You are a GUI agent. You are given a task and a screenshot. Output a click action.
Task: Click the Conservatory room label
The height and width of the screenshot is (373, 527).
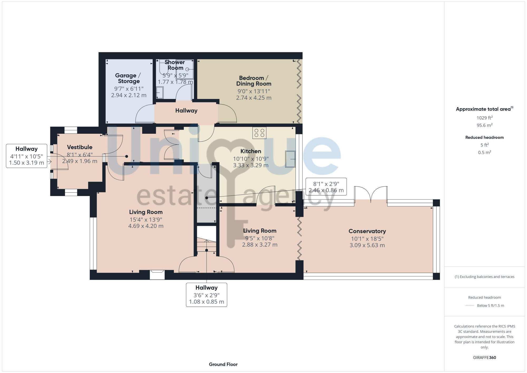[367, 231]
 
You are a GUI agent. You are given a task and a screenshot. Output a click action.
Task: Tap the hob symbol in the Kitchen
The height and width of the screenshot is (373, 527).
[259, 133]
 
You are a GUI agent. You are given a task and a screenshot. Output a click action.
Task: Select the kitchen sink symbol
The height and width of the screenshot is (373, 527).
[290, 159]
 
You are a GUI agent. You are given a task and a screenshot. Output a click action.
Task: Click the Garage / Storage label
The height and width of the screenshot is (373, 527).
[128, 78]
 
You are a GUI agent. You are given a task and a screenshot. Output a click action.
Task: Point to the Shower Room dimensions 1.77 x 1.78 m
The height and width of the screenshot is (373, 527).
[175, 82]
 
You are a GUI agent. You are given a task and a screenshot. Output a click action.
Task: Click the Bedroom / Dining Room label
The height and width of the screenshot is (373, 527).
[253, 81]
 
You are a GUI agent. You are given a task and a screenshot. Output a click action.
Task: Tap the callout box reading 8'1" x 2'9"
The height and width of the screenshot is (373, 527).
[326, 187]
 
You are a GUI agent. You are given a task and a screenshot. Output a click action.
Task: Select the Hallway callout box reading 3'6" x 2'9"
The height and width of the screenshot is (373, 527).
[206, 295]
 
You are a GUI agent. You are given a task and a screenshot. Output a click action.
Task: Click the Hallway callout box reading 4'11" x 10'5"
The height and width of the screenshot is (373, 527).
[26, 156]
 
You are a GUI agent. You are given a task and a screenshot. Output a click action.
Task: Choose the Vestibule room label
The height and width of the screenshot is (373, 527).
[80, 147]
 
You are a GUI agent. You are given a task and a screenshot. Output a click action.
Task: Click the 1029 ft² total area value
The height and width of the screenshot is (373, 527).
[484, 118]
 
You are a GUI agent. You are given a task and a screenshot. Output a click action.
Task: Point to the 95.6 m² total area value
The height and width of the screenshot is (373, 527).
[484, 125]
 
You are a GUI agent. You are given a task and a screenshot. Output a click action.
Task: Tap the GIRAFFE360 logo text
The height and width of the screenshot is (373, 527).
[484, 358]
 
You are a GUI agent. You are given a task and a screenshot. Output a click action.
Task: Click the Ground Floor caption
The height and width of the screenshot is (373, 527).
[223, 364]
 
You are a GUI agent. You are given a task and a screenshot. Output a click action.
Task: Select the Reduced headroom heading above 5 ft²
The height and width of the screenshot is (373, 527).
[484, 137]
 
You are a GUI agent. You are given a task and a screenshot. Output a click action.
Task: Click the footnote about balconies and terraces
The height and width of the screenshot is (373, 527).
[484, 277]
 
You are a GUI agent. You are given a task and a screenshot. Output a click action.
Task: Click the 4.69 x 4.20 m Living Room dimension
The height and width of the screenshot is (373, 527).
[146, 226]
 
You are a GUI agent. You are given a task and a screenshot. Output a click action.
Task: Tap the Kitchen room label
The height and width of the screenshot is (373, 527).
[251, 151]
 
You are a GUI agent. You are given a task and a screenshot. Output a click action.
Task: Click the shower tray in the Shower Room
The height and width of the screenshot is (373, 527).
[185, 70]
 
